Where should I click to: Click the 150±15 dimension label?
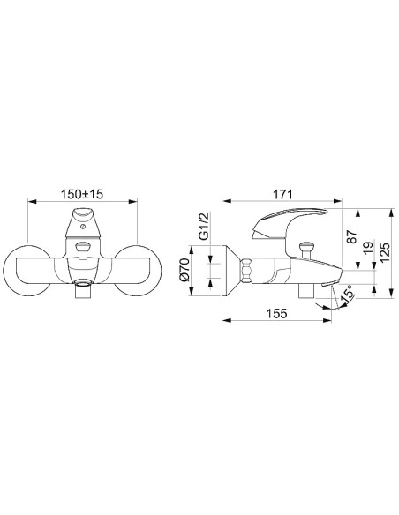tap(82, 194)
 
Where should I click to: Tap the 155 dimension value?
tap(276, 313)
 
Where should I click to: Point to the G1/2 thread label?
tap(204, 227)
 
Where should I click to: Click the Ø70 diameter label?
tap(184, 270)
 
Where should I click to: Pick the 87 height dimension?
tap(352, 236)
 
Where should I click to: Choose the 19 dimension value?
tap(369, 247)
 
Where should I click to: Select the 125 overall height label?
tap(385, 252)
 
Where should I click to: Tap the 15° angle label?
tap(347, 293)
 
